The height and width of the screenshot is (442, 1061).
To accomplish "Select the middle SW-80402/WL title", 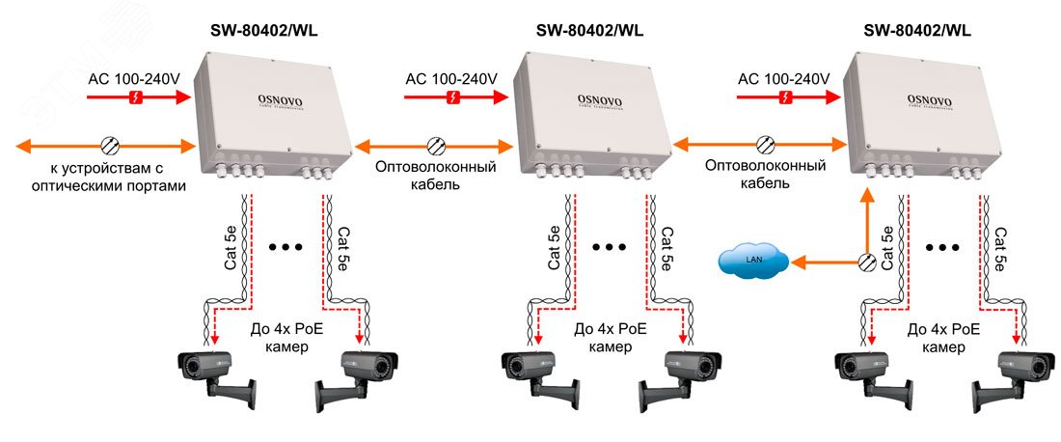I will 589,30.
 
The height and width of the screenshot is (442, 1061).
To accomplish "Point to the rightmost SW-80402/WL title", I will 917,30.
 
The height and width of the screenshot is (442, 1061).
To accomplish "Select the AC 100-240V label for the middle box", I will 451,78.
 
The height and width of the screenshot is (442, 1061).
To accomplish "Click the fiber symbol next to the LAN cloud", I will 865,261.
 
